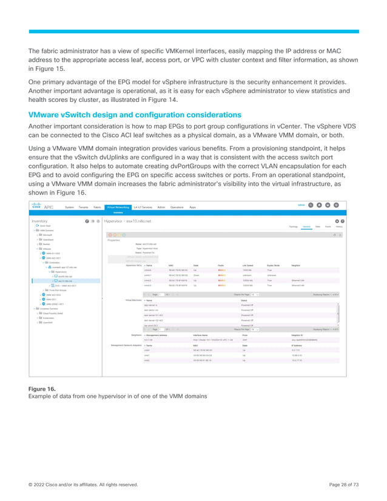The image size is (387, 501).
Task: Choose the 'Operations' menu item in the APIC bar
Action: click(178, 207)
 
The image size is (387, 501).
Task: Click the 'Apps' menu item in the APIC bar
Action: click(193, 207)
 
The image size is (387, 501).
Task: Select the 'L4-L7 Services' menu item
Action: click(143, 207)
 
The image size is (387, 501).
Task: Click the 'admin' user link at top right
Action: click(301, 205)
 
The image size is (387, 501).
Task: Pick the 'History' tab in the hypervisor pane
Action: click(340, 227)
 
